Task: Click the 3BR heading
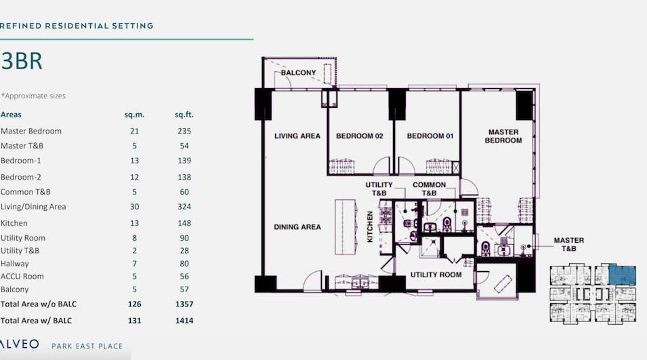click(x=22, y=61)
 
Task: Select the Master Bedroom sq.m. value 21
click(x=135, y=131)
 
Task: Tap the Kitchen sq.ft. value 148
click(x=184, y=223)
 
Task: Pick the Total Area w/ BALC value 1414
click(x=184, y=321)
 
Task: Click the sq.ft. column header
click(x=184, y=115)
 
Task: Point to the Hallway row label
click(x=15, y=264)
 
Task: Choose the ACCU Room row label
click(x=22, y=276)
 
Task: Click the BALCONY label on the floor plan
click(x=298, y=73)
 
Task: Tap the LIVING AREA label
click(x=297, y=136)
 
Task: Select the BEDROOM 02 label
click(x=359, y=136)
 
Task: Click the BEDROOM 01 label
click(x=430, y=136)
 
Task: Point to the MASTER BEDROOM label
click(x=503, y=136)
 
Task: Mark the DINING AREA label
click(x=297, y=227)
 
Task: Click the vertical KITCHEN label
click(x=370, y=226)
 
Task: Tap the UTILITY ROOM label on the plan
click(x=436, y=275)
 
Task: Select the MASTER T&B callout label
click(x=568, y=244)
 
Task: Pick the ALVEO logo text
click(x=20, y=344)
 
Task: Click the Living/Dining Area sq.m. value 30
click(x=135, y=206)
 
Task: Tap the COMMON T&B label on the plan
click(x=429, y=188)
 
